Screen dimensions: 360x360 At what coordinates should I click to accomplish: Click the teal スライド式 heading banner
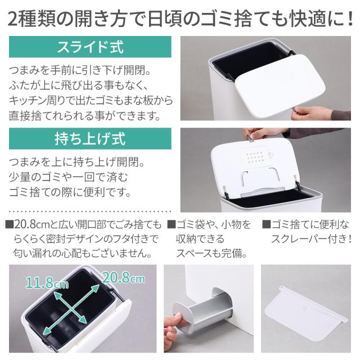click(90, 47)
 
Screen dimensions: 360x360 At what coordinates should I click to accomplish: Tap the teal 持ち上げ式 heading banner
click(90, 139)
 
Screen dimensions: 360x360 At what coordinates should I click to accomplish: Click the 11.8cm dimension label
click(47, 282)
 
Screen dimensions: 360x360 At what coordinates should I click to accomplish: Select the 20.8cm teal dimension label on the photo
click(124, 277)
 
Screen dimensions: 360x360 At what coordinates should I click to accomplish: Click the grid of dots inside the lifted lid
click(255, 157)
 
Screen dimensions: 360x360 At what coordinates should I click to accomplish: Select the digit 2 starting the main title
click(13, 19)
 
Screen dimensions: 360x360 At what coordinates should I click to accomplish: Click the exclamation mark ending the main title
click(350, 18)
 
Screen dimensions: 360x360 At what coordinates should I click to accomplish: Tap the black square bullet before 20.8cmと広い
click(10, 224)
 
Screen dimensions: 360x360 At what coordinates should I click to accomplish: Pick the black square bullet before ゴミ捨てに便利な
click(266, 224)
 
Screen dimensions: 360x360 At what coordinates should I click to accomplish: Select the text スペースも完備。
click(211, 253)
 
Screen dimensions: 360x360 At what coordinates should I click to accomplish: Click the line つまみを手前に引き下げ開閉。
click(80, 70)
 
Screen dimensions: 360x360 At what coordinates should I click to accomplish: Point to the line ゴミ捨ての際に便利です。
click(70, 192)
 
